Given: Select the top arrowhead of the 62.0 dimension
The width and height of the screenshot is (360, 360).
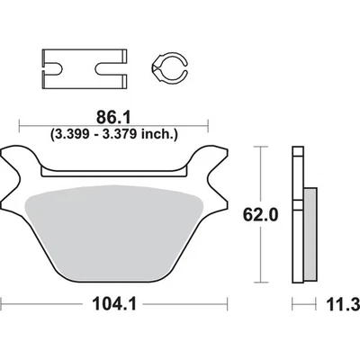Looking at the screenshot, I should [261, 145].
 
